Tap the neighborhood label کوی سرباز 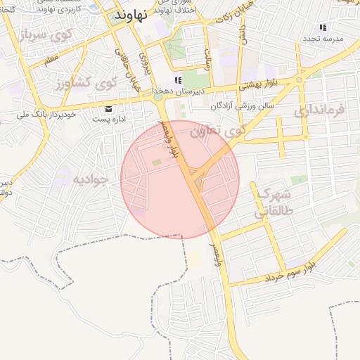pos(43,35)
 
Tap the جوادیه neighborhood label pos(91,179)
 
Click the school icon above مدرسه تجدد pos(323,27)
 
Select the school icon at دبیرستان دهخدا pos(178,81)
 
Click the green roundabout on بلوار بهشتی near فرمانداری pos(300,79)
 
